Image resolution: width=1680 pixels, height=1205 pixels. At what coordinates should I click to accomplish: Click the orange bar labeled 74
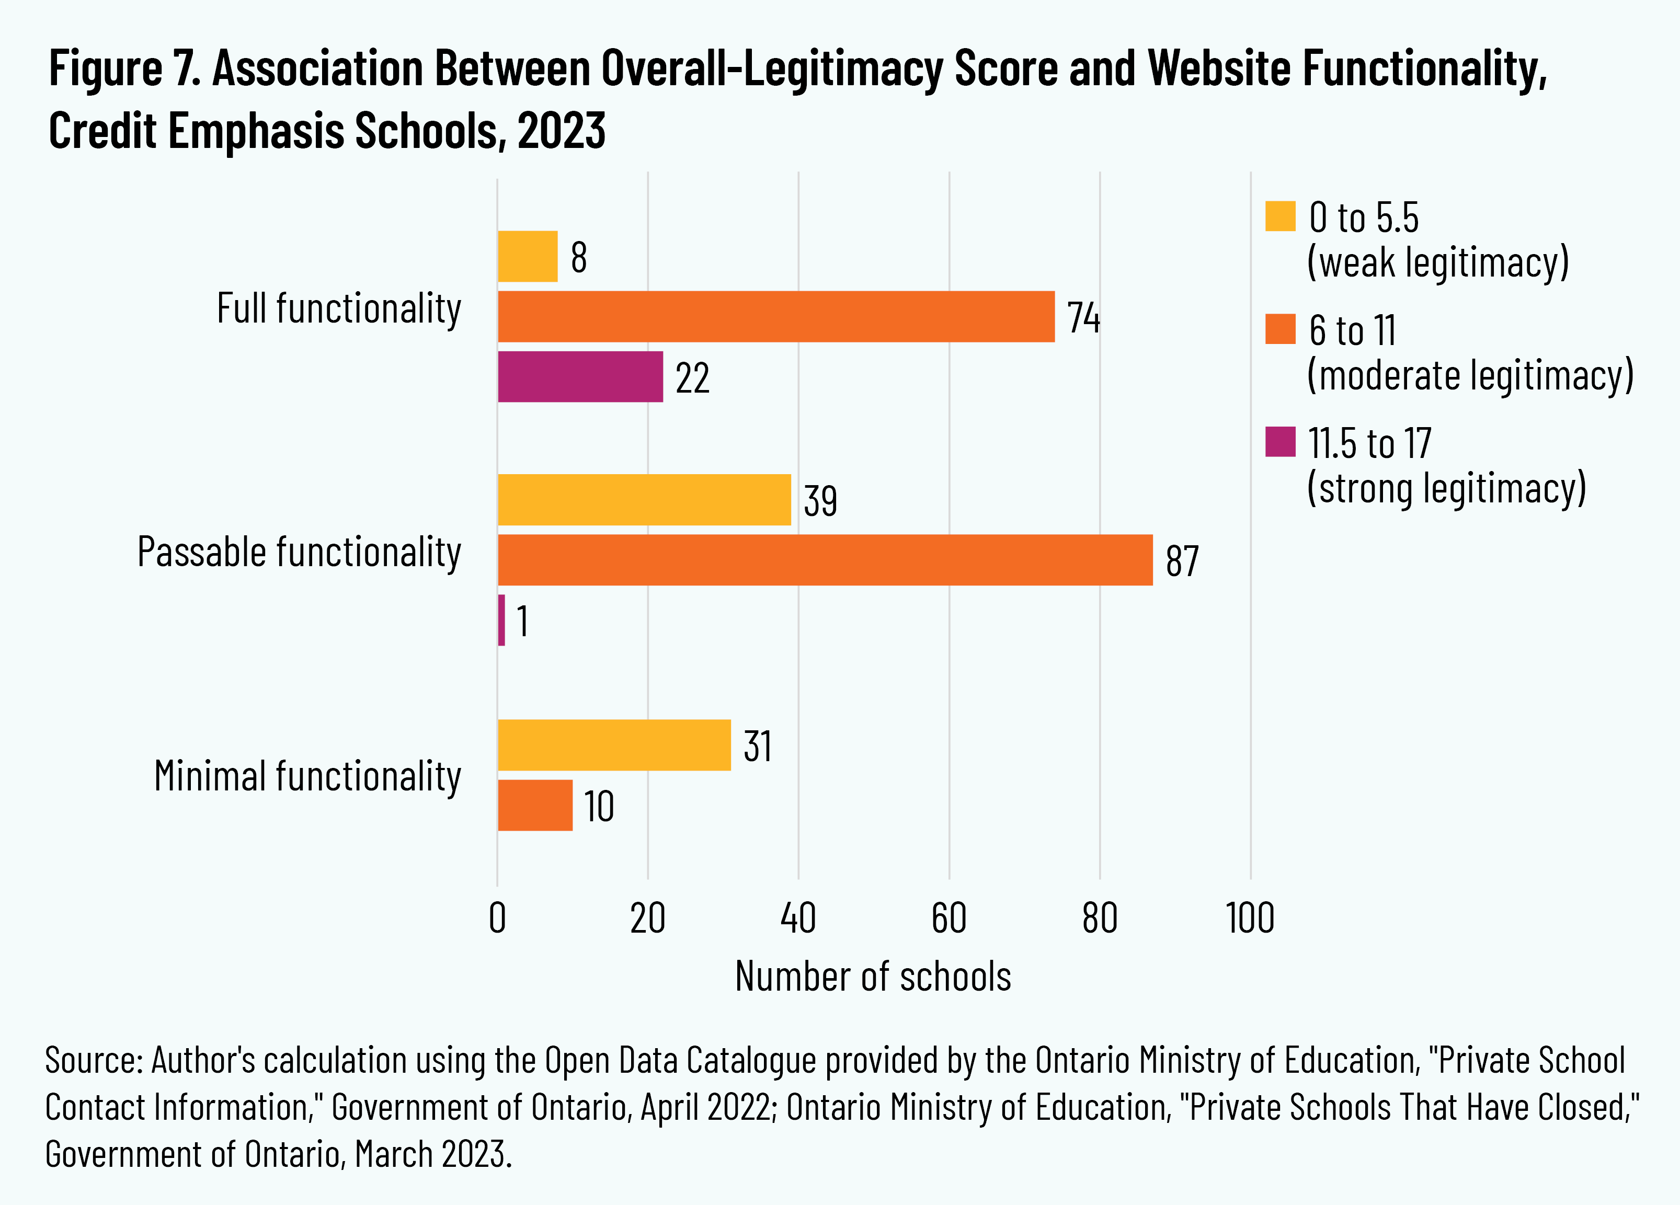click(775, 317)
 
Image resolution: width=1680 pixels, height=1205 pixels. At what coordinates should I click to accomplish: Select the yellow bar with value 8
click(528, 256)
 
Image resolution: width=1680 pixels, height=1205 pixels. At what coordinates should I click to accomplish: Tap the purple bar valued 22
click(580, 377)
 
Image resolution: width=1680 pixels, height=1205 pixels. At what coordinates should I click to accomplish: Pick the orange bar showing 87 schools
click(825, 560)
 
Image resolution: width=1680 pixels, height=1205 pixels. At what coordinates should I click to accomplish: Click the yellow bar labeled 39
click(644, 500)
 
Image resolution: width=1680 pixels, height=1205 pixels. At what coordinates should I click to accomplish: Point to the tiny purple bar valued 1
click(501, 620)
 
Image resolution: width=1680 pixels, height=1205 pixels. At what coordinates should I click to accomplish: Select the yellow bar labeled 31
click(614, 745)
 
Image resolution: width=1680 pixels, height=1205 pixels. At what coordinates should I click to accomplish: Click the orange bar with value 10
click(535, 805)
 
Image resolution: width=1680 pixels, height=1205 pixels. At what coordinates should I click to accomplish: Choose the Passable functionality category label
click(299, 553)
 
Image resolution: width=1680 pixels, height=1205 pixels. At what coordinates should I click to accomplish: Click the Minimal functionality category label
click(307, 776)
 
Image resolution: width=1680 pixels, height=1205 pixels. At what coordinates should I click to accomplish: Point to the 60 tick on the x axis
click(949, 919)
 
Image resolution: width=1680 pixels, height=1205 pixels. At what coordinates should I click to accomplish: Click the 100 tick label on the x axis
click(1250, 919)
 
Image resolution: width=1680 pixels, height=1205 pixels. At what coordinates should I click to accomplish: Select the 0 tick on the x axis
click(498, 919)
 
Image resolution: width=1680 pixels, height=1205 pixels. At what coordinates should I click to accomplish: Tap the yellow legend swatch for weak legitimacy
click(1280, 216)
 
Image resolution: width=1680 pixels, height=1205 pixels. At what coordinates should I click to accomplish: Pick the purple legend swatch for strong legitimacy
click(1280, 442)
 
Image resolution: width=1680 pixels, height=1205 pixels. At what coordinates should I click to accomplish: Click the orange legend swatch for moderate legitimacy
click(1280, 329)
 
